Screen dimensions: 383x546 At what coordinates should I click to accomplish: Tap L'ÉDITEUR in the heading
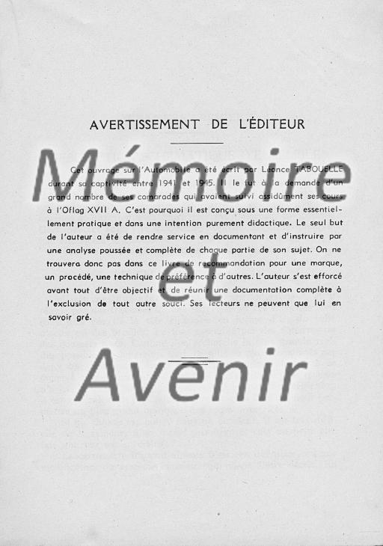click(x=272, y=124)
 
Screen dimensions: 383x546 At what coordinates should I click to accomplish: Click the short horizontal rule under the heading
click(x=197, y=142)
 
